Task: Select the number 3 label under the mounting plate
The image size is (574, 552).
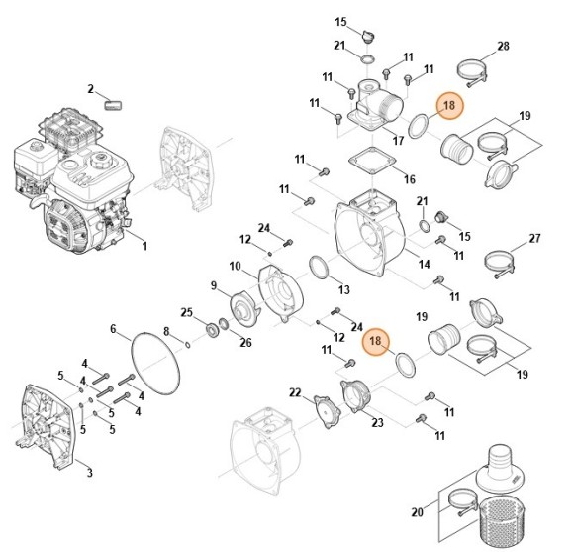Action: [x=89, y=473]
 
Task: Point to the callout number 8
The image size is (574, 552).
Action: [x=166, y=331]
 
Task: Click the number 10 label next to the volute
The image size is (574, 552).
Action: [x=236, y=266]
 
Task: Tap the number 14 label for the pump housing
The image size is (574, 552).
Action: [x=424, y=265]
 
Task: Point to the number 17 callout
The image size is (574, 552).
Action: [x=398, y=141]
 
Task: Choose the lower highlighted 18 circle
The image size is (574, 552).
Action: [x=375, y=342]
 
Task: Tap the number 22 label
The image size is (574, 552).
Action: [x=294, y=393]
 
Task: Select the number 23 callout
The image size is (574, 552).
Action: [x=376, y=423]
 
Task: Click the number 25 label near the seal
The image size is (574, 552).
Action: [x=186, y=312]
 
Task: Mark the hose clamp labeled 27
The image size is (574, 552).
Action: [x=499, y=261]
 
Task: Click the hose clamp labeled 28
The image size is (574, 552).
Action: [x=470, y=70]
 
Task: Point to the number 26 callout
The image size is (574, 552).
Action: [x=246, y=343]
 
